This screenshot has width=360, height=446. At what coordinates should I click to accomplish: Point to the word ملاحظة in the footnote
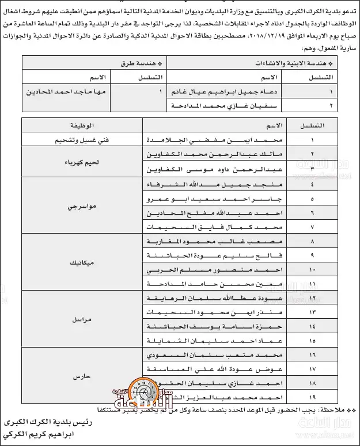tap(326, 410)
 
